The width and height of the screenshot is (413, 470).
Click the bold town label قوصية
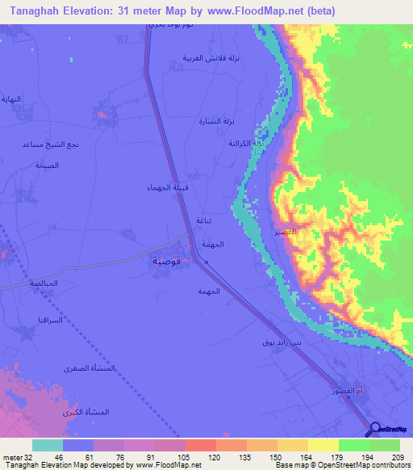click(170, 262)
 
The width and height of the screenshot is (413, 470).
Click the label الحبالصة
click(43, 284)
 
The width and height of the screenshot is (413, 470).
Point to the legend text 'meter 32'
click(15, 456)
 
